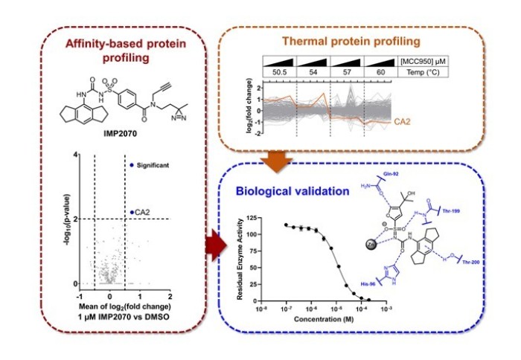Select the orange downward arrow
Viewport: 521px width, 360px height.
click(x=280, y=158)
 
